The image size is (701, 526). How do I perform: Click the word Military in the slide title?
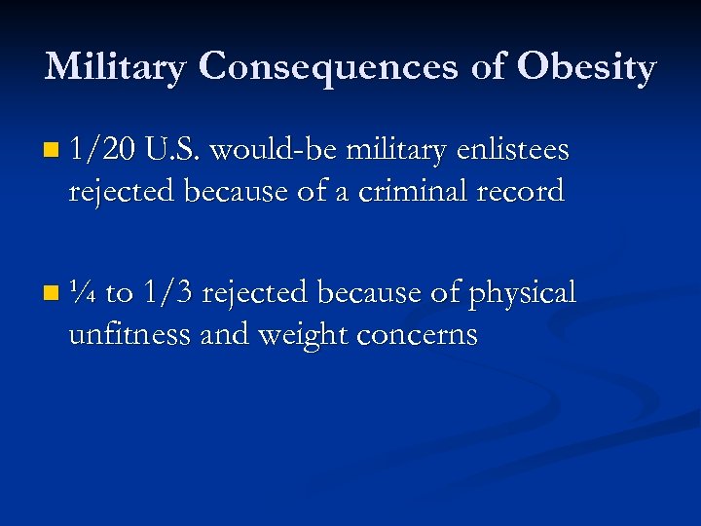tap(115, 67)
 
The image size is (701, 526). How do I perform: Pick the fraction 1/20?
tap(102, 150)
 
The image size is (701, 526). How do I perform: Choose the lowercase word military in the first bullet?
tap(391, 152)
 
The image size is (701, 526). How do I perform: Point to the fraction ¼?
tap(83, 292)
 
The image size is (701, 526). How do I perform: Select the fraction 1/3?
tap(168, 292)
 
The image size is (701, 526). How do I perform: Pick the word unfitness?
tap(129, 334)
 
